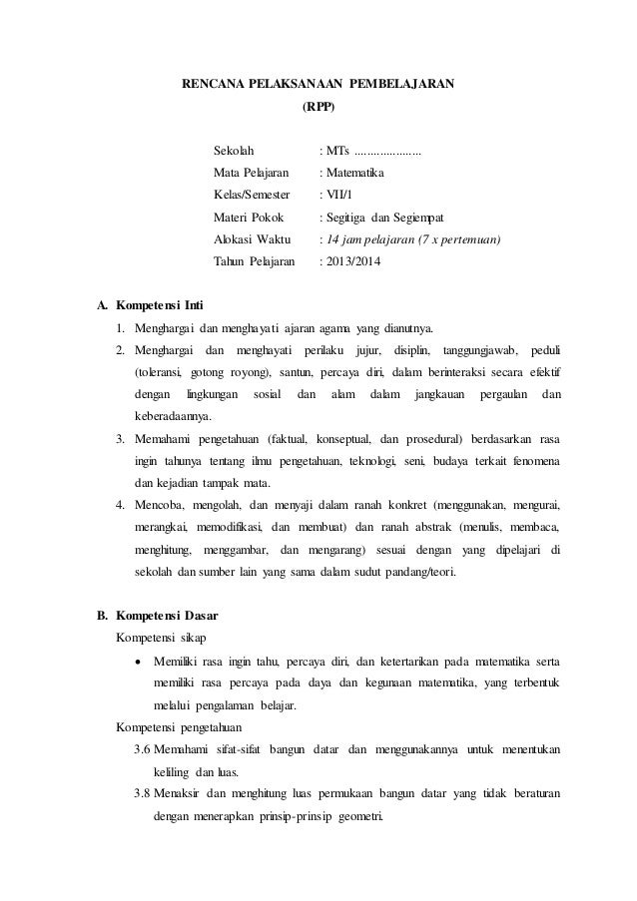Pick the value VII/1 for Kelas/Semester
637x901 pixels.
point(339,196)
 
